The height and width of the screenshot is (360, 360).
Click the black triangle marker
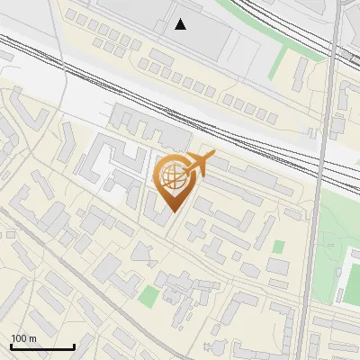181,24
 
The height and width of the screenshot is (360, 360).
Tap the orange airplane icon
199,165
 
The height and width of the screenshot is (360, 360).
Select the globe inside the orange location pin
175,177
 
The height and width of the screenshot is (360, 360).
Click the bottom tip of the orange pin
174,212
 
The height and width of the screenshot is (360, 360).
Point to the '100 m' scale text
23,338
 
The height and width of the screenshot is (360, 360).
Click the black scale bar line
42,346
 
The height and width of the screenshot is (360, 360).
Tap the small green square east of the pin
279,246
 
